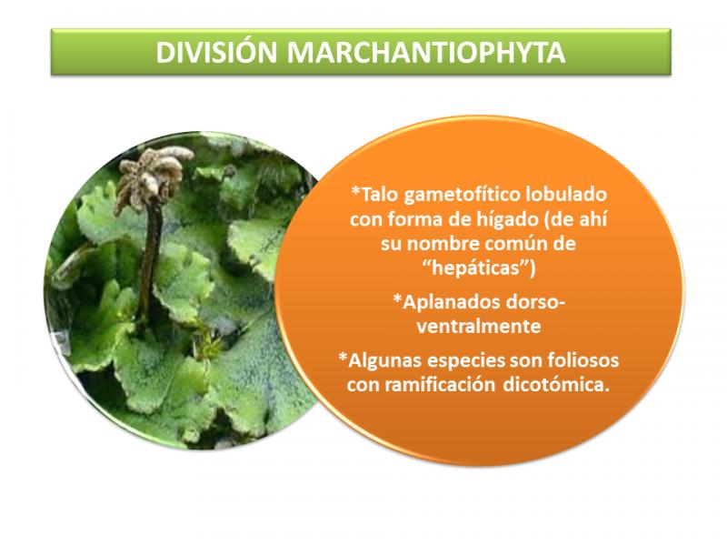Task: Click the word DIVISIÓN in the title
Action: (x=216, y=53)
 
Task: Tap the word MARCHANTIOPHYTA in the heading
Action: (x=426, y=53)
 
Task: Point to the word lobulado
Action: (x=565, y=194)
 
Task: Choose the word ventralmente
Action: (x=479, y=326)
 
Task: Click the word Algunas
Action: (x=381, y=360)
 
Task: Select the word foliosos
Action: (x=583, y=359)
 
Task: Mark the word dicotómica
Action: (x=556, y=385)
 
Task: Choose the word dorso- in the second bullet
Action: (x=533, y=303)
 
